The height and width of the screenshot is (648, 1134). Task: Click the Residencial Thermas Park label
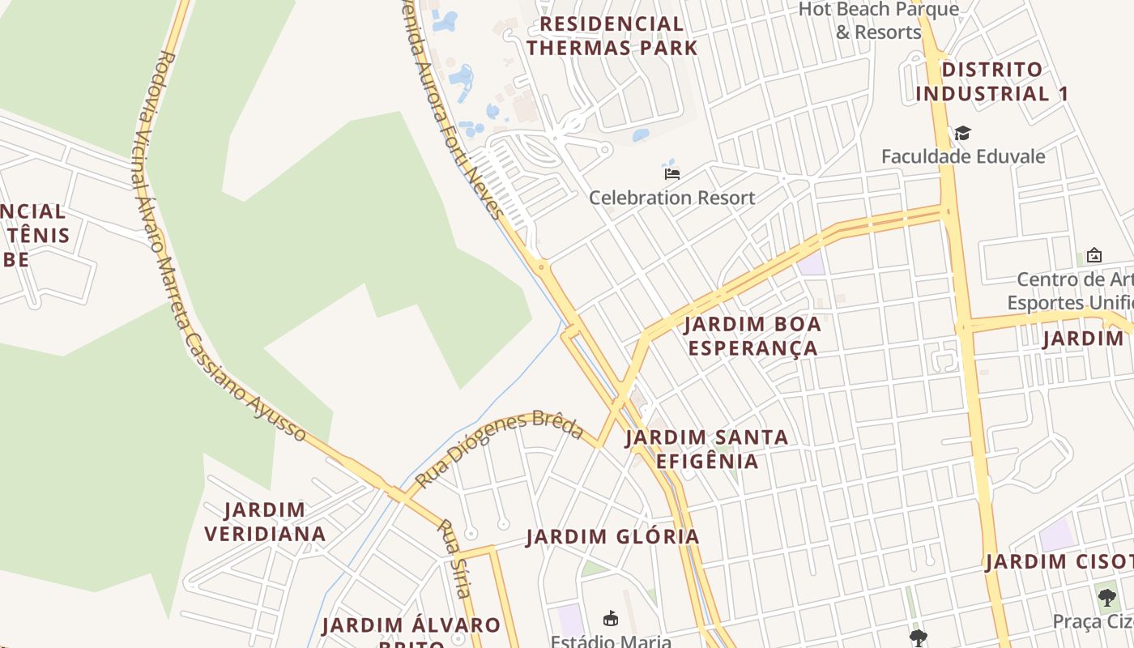[612, 36]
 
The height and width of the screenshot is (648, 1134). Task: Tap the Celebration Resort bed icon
[671, 173]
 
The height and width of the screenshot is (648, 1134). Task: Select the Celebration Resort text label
[671, 198]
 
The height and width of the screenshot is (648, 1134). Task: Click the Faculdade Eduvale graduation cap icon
[962, 133]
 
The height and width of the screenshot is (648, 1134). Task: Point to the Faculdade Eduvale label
[963, 156]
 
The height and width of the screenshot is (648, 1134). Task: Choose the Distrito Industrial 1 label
[991, 82]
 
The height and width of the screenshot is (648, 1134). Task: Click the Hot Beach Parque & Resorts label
[879, 21]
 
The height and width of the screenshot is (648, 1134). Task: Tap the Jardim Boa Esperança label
[752, 336]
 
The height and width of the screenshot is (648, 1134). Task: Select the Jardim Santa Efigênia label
[706, 449]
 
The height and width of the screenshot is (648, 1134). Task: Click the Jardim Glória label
[612, 536]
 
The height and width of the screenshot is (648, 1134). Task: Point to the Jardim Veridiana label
[265, 522]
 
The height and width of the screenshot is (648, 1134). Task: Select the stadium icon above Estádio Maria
[611, 619]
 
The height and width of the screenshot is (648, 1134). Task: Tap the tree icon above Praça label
[1107, 598]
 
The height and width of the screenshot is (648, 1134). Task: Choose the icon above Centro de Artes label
[1094, 255]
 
